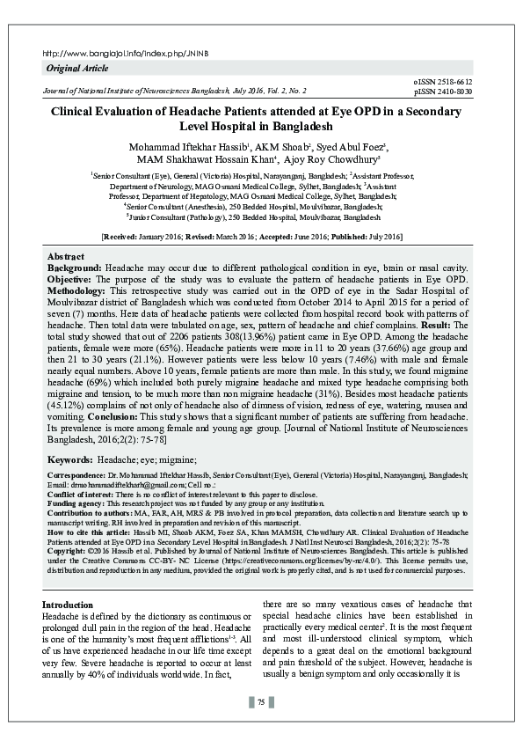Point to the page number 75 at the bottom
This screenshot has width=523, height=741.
click(261, 701)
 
